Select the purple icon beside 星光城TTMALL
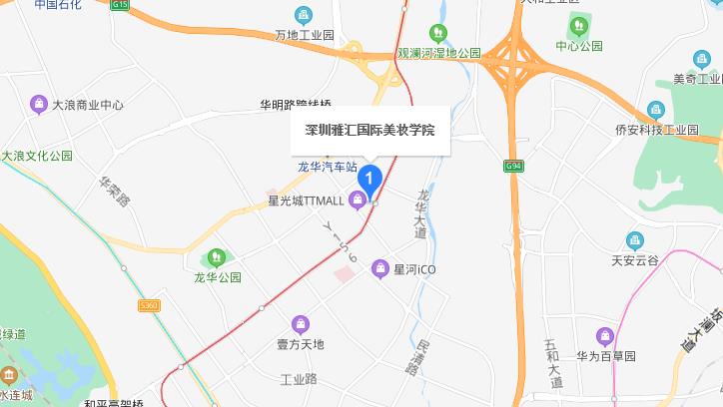pyautogui.click(x=357, y=201)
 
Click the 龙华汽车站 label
pyautogui.click(x=328, y=168)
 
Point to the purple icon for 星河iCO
pyautogui.click(x=379, y=268)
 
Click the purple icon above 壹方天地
pyautogui.click(x=301, y=324)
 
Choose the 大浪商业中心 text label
pyautogui.click(x=87, y=104)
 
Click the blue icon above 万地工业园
pyautogui.click(x=304, y=16)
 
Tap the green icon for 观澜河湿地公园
pyautogui.click(x=436, y=34)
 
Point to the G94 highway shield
pyautogui.click(x=513, y=166)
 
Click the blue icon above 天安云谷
pyautogui.click(x=635, y=240)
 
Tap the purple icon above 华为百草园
pyautogui.click(x=603, y=336)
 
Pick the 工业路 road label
pyautogui.click(x=298, y=379)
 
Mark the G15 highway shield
pyautogui.click(x=121, y=5)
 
